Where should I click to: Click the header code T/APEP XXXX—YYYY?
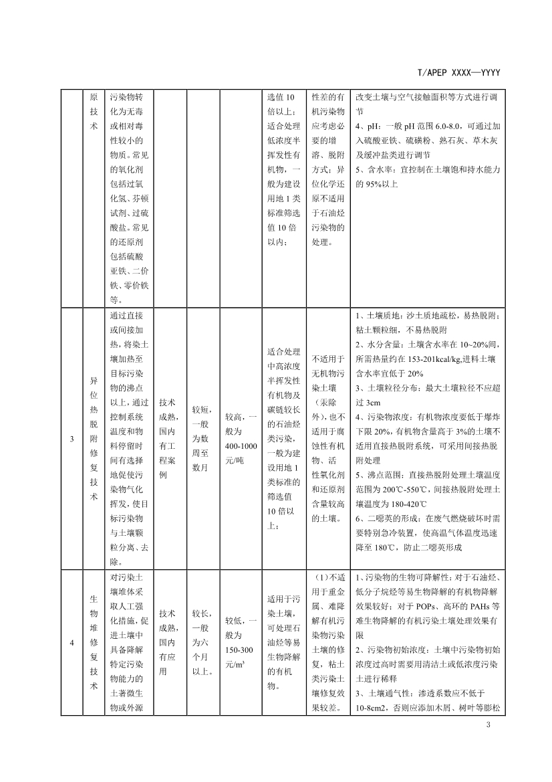pyautogui.click(x=458, y=72)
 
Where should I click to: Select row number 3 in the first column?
pyautogui.click(x=72, y=439)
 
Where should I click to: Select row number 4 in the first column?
pyautogui.click(x=72, y=643)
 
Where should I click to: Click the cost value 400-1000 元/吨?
pyautogui.click(x=241, y=445)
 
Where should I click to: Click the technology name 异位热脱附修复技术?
pyautogui.click(x=93, y=439)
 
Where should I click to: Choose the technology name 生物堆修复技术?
pyautogui.click(x=93, y=643)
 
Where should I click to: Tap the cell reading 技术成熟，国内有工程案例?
pyautogui.click(x=169, y=439)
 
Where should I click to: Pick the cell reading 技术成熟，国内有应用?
pyautogui.click(x=169, y=643)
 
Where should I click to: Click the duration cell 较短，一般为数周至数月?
pyautogui.click(x=204, y=439)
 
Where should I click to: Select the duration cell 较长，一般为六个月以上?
pyautogui.click(x=204, y=643)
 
